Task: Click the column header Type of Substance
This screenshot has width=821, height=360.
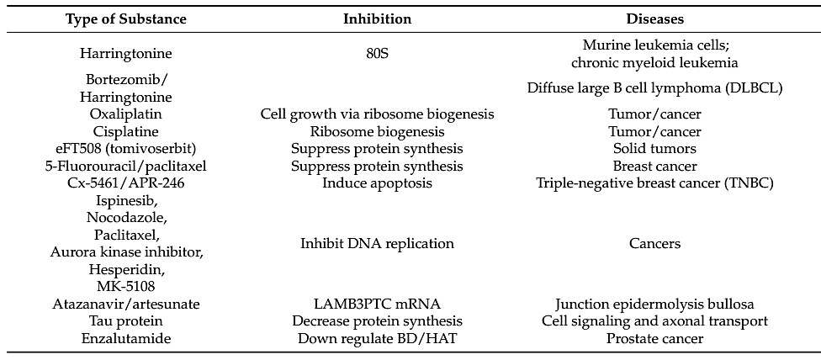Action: pyautogui.click(x=125, y=18)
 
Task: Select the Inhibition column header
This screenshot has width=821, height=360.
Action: pyautogui.click(x=377, y=18)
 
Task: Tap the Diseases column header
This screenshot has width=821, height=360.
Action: pyautogui.click(x=654, y=18)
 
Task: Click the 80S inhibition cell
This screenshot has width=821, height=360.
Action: pyautogui.click(x=377, y=54)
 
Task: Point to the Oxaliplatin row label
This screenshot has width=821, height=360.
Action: pyautogui.click(x=125, y=114)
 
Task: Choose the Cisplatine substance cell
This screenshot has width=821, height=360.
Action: pyautogui.click(x=125, y=131)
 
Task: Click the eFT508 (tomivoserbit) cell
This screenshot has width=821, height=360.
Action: pyautogui.click(x=125, y=149)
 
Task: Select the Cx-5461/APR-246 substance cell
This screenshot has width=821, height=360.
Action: pyautogui.click(x=125, y=183)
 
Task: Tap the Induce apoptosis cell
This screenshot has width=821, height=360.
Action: pyautogui.click(x=377, y=183)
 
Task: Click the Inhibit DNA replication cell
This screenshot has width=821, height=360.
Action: pyautogui.click(x=377, y=244)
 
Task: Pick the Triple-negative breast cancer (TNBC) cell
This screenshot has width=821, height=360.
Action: pyautogui.click(x=654, y=183)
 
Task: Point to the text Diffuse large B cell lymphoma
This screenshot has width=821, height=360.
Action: pyautogui.click(x=654, y=87)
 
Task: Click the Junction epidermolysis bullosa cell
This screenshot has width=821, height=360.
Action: pyautogui.click(x=654, y=304)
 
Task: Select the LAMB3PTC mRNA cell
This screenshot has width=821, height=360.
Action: pyautogui.click(x=377, y=304)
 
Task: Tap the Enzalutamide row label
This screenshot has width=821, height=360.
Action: pyautogui.click(x=125, y=339)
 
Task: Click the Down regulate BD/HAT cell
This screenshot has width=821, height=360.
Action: pyautogui.click(x=377, y=339)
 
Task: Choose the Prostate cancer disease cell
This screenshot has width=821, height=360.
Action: pyautogui.click(x=654, y=339)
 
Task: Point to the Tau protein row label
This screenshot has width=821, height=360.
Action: pyautogui.click(x=125, y=321)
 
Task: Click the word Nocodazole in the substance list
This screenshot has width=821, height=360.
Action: pyautogui.click(x=125, y=218)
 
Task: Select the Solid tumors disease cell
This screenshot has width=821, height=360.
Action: pyautogui.click(x=654, y=149)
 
